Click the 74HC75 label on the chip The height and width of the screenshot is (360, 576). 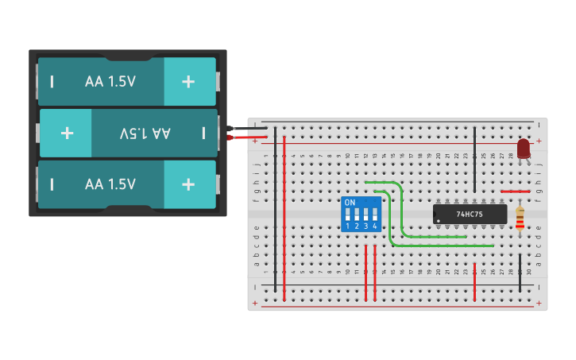pos(470,215)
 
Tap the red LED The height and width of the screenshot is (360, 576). pos(523,149)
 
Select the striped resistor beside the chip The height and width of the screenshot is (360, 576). pos(520,219)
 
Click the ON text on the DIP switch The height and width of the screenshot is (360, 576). pos(350,203)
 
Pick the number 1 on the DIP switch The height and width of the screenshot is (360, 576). pos(349,226)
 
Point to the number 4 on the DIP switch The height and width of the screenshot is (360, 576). pos(374,226)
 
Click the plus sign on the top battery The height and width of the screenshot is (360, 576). pos(188,81)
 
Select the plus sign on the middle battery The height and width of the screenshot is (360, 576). pos(67,133)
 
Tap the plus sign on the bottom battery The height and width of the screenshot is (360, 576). pos(188,184)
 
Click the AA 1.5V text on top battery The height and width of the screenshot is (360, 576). pos(110,81)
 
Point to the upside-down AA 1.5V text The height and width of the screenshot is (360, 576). pos(145,133)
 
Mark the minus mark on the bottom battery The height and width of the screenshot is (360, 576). pos(52,184)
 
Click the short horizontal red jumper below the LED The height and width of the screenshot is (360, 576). pos(515,192)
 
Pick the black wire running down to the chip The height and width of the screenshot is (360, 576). pos(474,159)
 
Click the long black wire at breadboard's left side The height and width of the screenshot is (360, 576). pos(275,207)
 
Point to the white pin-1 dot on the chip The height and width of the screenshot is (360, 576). pos(438,220)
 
